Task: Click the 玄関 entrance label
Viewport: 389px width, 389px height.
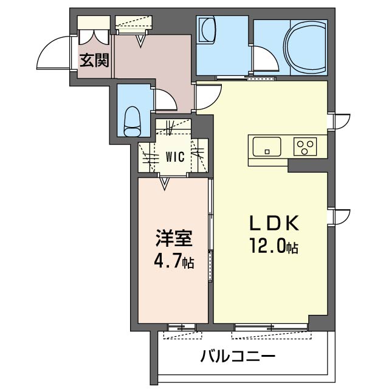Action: (x=94, y=61)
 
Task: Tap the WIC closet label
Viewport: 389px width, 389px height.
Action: (x=175, y=157)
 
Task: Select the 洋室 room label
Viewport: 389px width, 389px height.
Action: (x=174, y=238)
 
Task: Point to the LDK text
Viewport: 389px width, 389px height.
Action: (x=274, y=223)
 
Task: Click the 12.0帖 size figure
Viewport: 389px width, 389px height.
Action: (x=274, y=246)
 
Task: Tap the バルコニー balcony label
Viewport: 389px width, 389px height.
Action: (x=238, y=357)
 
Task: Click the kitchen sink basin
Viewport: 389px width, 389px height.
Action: (x=267, y=146)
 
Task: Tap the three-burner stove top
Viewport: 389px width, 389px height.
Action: (x=305, y=146)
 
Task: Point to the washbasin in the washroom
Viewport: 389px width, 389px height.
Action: (x=208, y=30)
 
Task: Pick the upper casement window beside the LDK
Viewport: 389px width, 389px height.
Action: (x=341, y=121)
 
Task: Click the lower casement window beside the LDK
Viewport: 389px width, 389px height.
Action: (x=341, y=217)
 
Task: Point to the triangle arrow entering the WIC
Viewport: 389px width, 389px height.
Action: (x=164, y=184)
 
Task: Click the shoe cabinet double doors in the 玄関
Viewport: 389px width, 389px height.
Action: (x=94, y=36)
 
